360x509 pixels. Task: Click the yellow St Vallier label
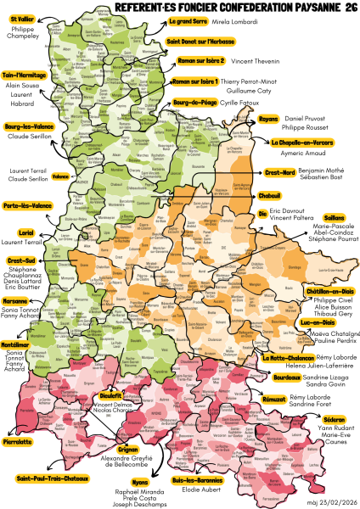point(21,19)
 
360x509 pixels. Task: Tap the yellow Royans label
point(245,119)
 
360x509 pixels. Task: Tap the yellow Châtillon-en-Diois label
point(325,291)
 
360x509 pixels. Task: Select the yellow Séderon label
point(335,418)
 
